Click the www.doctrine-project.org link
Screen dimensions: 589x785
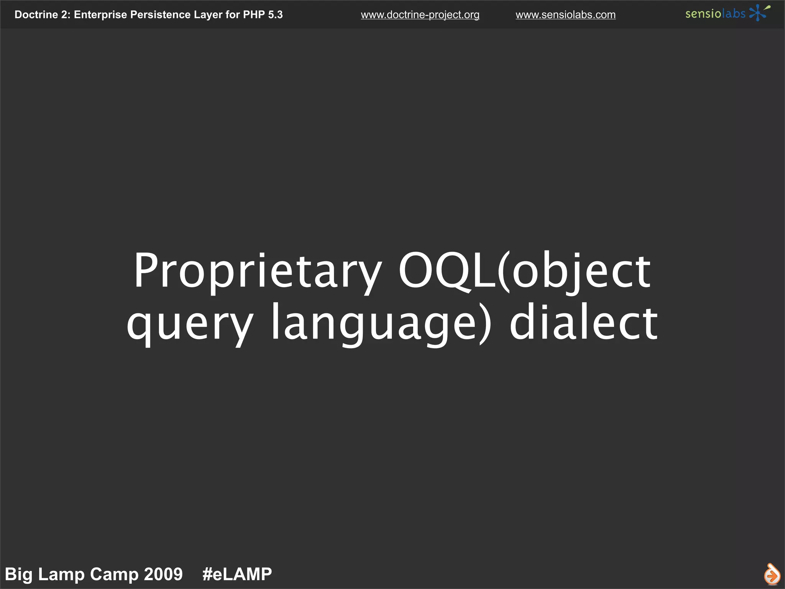[420, 15]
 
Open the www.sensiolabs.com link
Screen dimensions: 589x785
[565, 15]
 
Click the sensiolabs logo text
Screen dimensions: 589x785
[715, 14]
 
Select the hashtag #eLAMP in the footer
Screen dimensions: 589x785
[237, 574]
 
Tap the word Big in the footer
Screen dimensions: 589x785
[18, 574]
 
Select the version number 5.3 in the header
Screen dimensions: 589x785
[275, 15]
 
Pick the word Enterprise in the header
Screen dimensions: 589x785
[100, 15]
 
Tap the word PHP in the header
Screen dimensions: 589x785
[254, 15]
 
